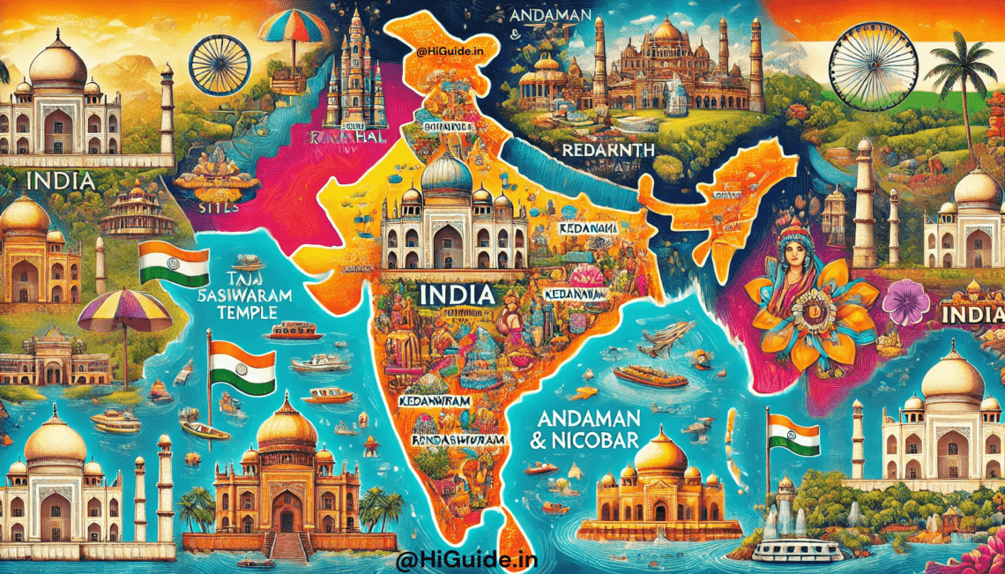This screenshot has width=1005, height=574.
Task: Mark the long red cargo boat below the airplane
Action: tap(650, 376)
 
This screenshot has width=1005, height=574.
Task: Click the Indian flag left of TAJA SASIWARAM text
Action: tap(173, 262)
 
